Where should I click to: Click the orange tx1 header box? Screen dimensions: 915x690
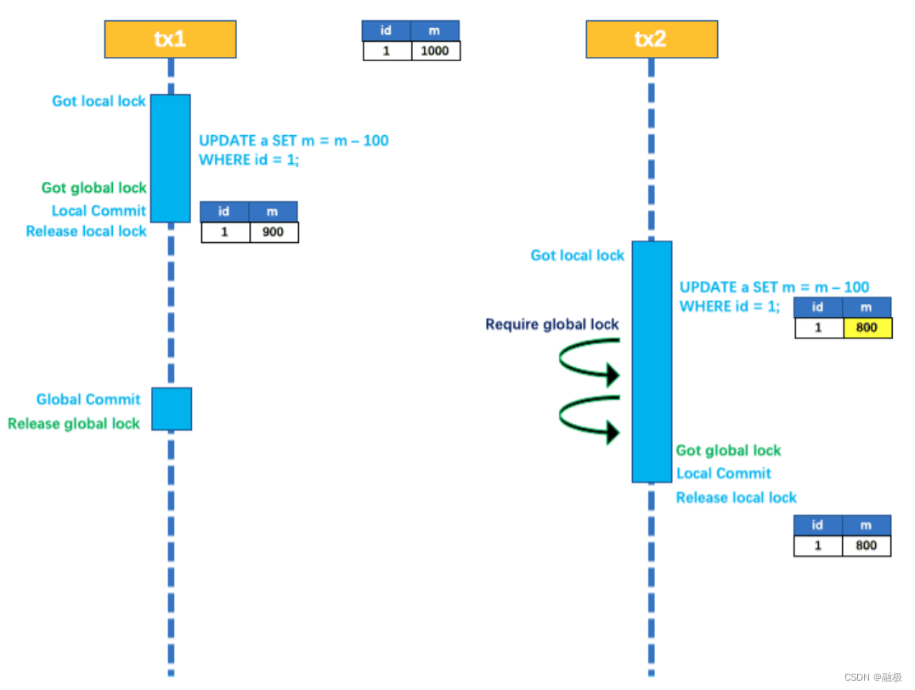click(171, 39)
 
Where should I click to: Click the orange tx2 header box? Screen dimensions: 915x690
click(652, 39)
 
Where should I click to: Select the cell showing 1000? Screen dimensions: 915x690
click(435, 51)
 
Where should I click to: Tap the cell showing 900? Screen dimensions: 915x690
click(274, 232)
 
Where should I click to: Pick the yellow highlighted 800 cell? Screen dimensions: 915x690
click(867, 327)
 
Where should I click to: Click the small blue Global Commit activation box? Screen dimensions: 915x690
click(172, 409)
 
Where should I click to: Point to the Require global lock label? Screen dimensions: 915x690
click(552, 325)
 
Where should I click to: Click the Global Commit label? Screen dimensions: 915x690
click(88, 399)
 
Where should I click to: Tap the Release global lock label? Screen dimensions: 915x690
click(74, 423)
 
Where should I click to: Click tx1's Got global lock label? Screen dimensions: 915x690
click(94, 188)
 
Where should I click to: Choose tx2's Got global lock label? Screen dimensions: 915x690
click(728, 450)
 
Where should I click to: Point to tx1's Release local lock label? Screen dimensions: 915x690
click(87, 231)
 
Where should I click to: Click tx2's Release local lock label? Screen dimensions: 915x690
click(737, 497)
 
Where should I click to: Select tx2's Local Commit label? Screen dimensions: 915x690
click(724, 473)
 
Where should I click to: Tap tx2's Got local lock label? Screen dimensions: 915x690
click(577, 255)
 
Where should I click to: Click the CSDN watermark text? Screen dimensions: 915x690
click(873, 677)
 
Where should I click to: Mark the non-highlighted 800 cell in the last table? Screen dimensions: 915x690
click(867, 546)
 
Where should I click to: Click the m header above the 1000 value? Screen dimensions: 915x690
click(435, 31)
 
